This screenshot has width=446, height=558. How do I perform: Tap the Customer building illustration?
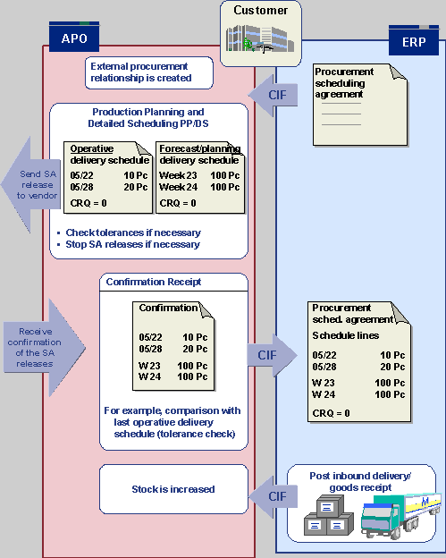tap(260, 38)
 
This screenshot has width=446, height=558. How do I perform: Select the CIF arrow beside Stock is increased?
tap(273, 496)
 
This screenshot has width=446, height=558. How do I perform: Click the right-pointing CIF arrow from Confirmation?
tap(272, 355)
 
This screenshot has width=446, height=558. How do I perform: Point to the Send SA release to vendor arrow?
tap(31, 185)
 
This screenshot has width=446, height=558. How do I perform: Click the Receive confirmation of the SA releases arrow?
tap(45, 347)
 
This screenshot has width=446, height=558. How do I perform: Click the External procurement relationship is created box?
tap(149, 72)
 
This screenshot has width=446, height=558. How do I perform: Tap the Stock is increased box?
tap(173, 489)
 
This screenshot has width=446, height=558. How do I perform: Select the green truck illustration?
tap(400, 515)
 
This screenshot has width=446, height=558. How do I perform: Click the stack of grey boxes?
tap(329, 515)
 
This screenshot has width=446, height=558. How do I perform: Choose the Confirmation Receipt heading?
tap(154, 282)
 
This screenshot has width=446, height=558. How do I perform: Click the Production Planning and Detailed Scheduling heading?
tap(148, 117)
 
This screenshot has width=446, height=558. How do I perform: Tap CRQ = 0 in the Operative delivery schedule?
tap(88, 203)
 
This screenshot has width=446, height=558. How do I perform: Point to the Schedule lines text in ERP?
tap(345, 335)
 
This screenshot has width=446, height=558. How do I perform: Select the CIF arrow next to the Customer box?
tap(273, 95)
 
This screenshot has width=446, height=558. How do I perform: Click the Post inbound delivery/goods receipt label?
tap(360, 481)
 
